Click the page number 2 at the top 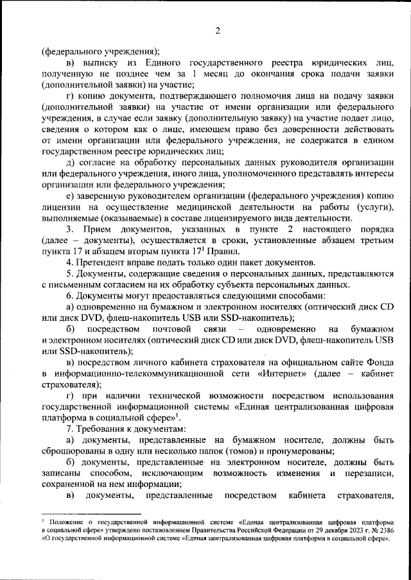pos(218,31)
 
